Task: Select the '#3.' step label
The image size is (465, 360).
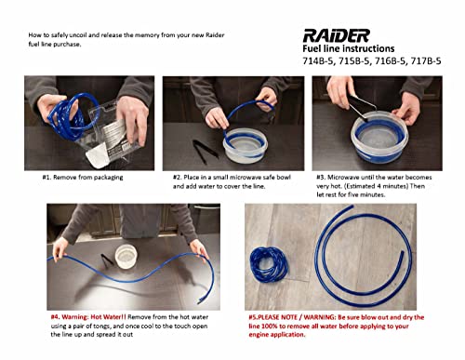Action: (x=321, y=177)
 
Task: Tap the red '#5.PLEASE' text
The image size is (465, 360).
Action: (x=272, y=316)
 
